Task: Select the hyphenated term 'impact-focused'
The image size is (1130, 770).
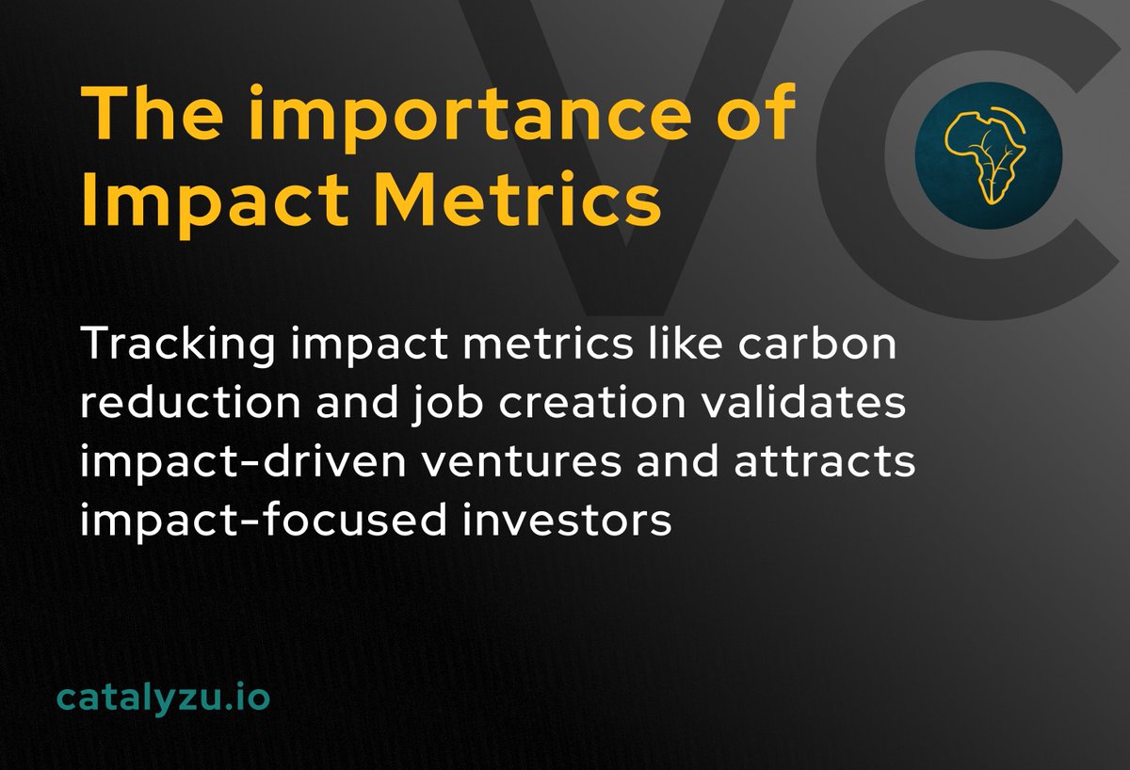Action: point(259,521)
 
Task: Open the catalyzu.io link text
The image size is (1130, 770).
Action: point(163,698)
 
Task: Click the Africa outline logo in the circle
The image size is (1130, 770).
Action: point(988,155)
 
